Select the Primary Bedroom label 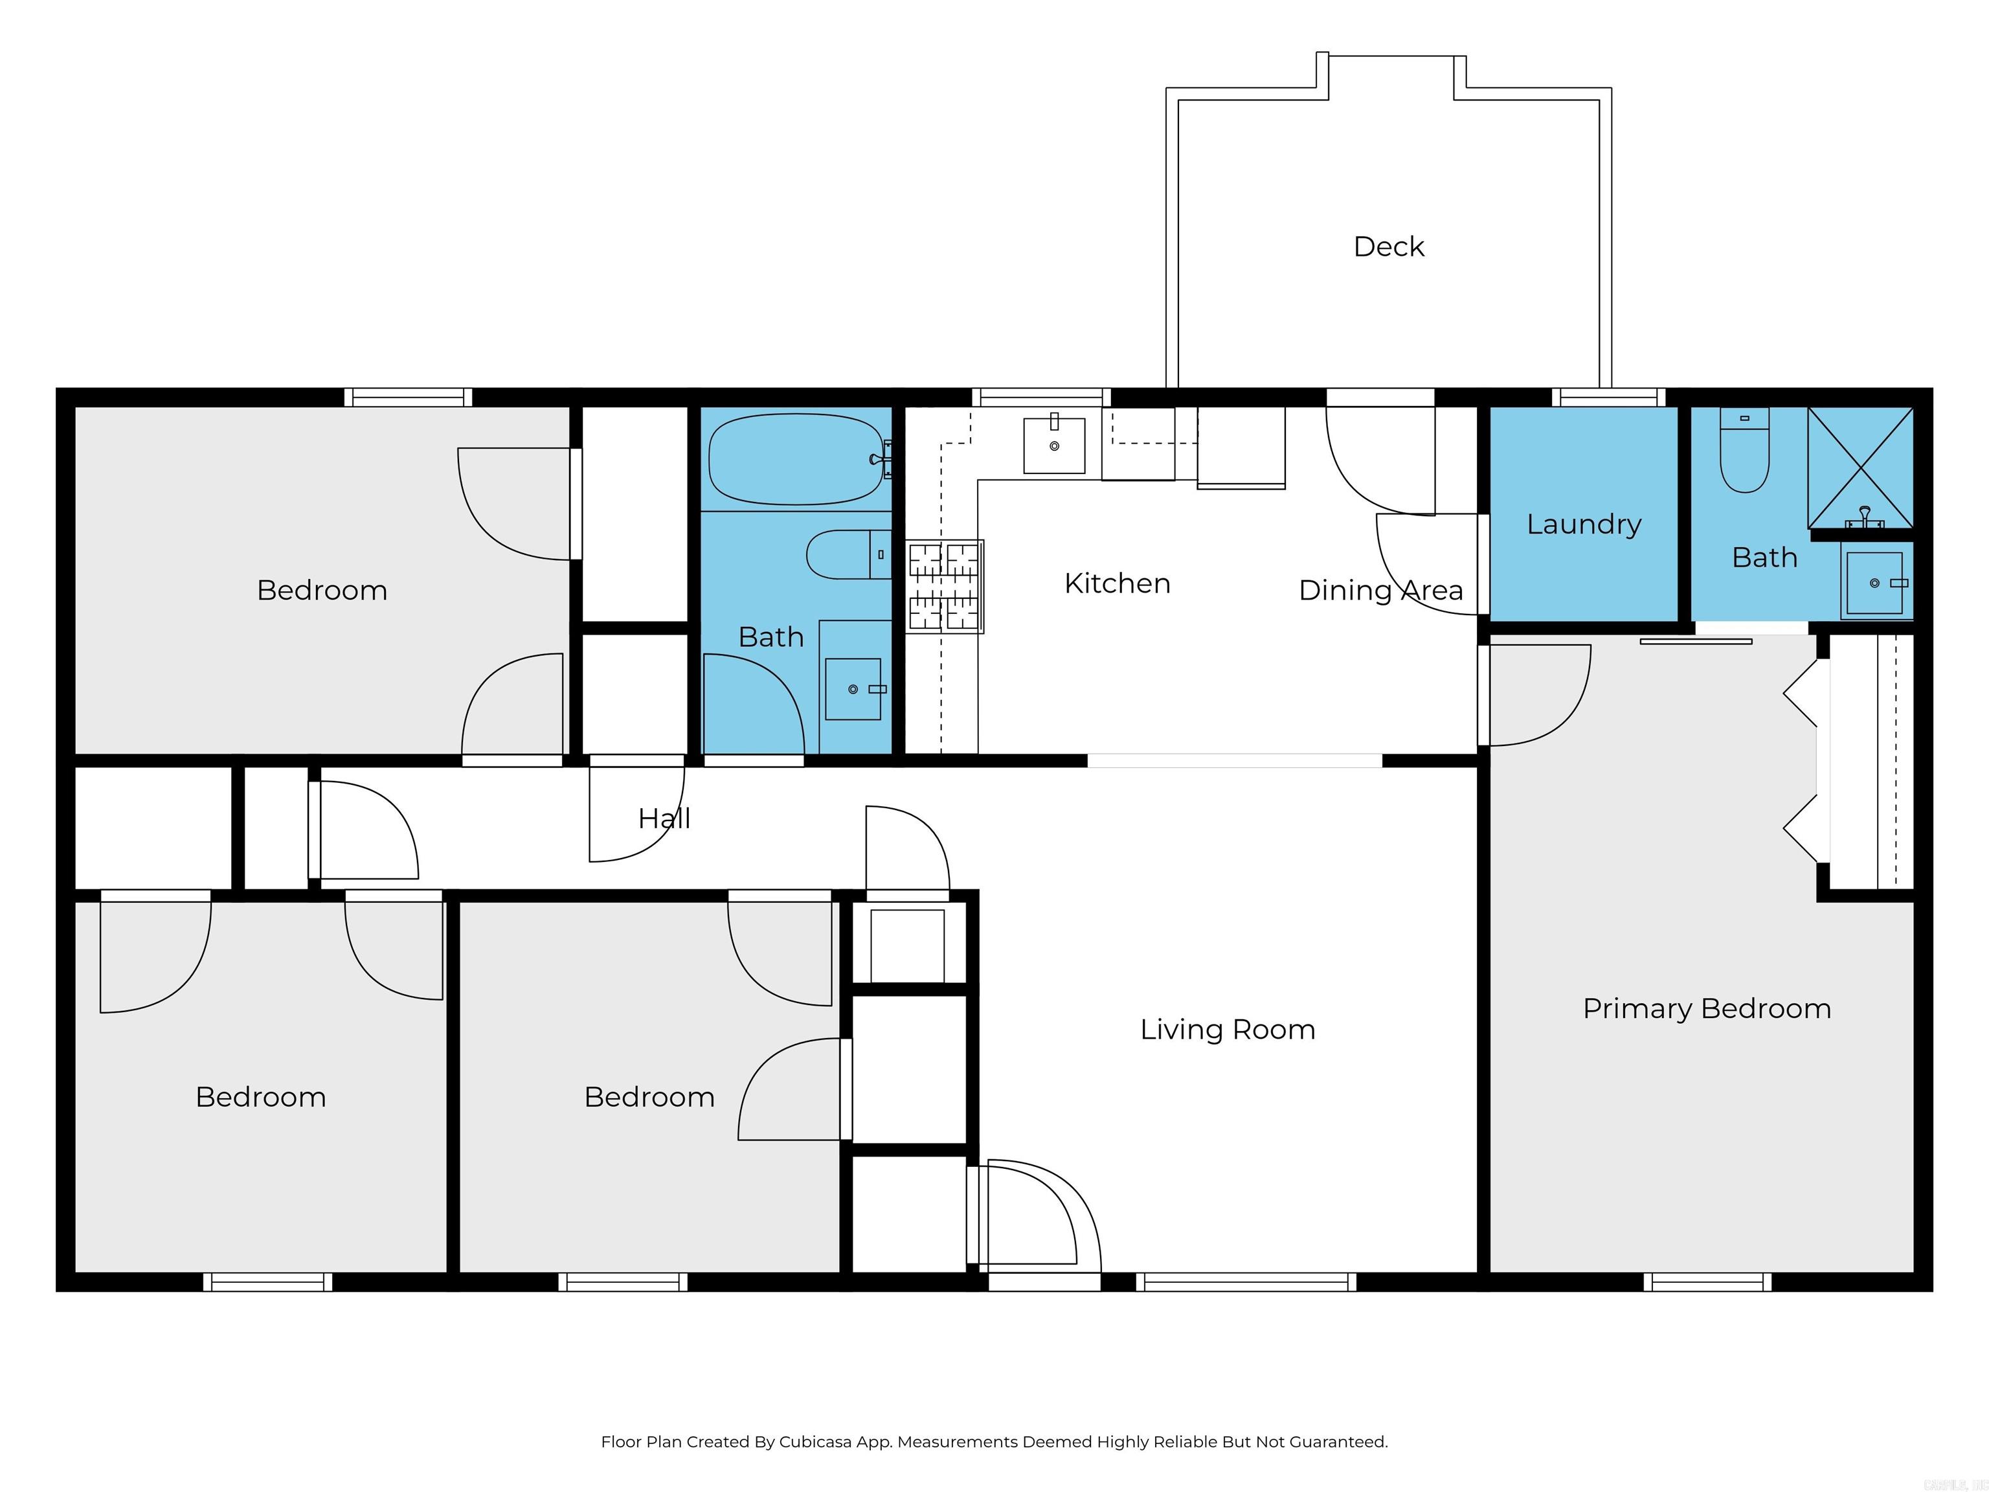pos(1706,1008)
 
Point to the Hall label pos(664,819)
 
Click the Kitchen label pos(1117,583)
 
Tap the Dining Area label pos(1380,590)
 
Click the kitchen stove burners pos(944,586)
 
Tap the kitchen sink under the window pos(1054,444)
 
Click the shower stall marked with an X pos(1860,468)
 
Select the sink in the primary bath pos(1875,583)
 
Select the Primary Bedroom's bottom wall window pos(1707,1282)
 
